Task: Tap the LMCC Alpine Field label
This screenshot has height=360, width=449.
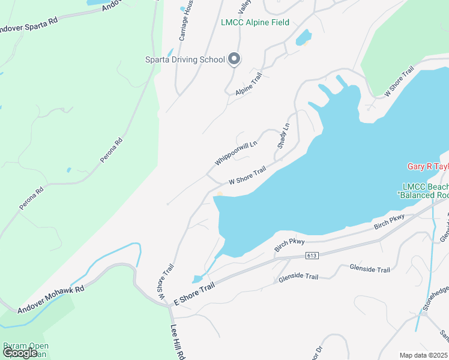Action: point(255,23)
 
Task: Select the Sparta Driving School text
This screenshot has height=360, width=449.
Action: point(185,59)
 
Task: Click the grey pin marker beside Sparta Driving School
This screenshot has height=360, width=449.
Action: point(235,59)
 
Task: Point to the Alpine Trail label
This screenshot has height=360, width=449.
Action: point(249,86)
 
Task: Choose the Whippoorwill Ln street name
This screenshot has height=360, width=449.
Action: point(236,153)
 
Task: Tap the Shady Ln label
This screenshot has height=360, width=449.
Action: point(283,136)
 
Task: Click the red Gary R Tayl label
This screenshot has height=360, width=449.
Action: point(428,167)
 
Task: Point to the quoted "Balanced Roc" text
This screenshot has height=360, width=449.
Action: point(423,196)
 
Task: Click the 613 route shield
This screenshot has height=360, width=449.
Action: point(311,256)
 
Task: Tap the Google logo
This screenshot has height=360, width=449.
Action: point(20,353)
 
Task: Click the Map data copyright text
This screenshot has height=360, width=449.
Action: point(424,355)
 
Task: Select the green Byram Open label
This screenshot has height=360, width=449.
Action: point(26,346)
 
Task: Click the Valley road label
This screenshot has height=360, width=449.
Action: point(244,7)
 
